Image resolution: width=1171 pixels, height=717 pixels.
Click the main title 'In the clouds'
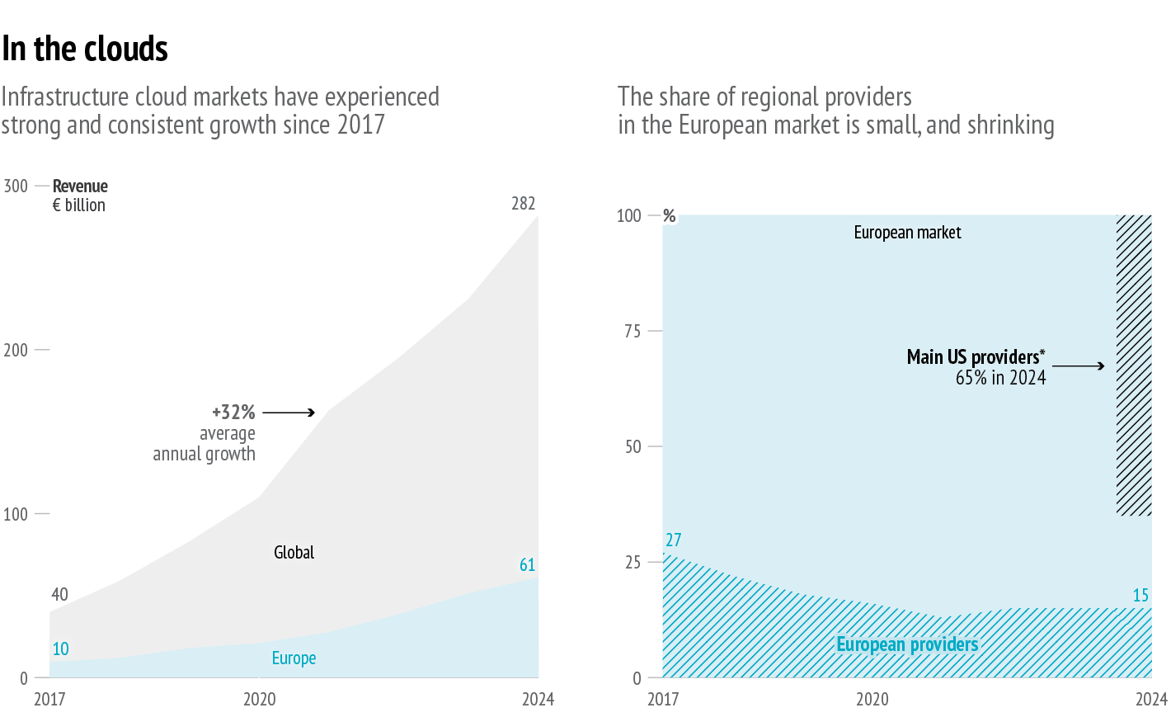click(x=85, y=49)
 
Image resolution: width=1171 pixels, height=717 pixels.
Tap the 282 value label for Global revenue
click(x=524, y=203)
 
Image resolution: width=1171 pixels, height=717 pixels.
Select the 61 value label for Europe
click(x=528, y=565)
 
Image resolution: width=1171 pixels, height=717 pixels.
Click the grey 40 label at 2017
click(x=59, y=594)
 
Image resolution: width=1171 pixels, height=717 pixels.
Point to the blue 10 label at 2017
click(x=60, y=649)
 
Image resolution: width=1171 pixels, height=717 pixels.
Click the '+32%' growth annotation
click(x=233, y=412)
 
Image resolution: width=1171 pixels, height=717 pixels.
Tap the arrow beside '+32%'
click(x=289, y=412)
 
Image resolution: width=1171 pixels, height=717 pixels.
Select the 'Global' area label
click(x=294, y=552)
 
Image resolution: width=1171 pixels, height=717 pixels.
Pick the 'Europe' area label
click(x=294, y=658)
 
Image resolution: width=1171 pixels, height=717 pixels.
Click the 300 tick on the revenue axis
click(x=16, y=186)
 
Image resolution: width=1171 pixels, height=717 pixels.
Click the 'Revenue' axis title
click(x=80, y=186)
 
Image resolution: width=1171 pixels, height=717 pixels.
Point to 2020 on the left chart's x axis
click(x=259, y=699)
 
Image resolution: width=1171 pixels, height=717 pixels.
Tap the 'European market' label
click(x=907, y=233)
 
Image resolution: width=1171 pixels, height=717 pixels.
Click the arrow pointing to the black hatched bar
click(x=1079, y=366)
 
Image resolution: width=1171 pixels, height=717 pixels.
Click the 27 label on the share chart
click(x=674, y=540)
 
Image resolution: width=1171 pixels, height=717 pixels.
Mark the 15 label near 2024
click(x=1140, y=595)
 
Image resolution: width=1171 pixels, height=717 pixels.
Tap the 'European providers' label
click(x=907, y=644)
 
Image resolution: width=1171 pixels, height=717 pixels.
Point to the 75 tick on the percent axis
click(x=633, y=331)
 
